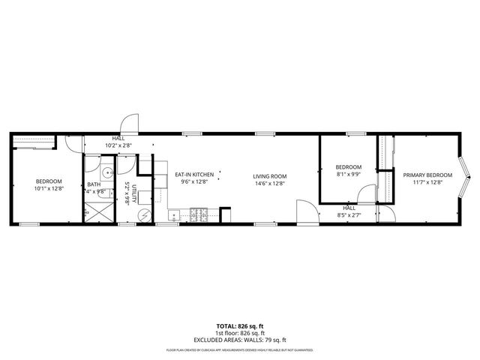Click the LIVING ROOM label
pos(270,176)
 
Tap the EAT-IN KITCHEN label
pos(195,175)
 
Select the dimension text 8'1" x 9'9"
pos(348,173)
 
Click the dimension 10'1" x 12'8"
pos(49,188)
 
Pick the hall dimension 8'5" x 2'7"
pos(349,215)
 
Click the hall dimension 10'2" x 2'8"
pos(118,145)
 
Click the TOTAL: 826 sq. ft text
pos(240,325)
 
